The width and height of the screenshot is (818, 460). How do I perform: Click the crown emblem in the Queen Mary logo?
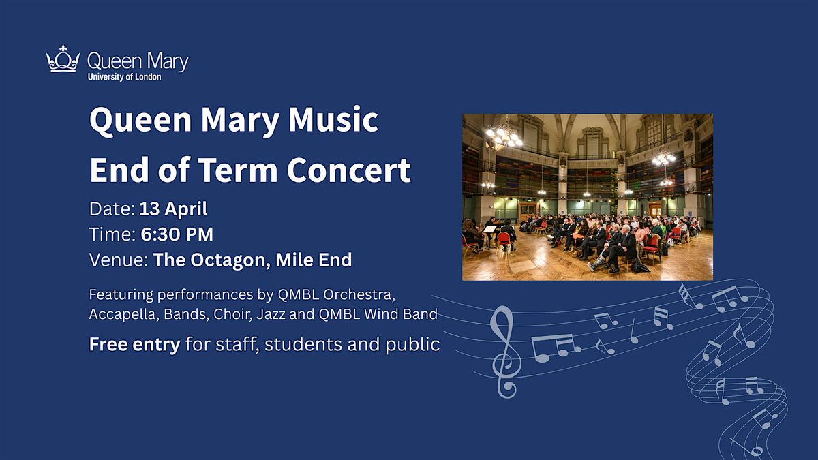click(63, 59)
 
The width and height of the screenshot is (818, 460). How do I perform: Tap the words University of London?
click(124, 76)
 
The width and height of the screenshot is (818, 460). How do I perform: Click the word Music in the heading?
click(333, 120)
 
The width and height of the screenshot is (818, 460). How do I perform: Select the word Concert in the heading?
click(349, 170)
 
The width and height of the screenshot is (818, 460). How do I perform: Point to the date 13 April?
click(173, 209)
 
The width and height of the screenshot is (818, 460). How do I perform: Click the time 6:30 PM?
click(177, 234)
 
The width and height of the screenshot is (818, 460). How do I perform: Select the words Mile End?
click(314, 260)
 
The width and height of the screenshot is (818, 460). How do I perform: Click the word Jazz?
click(271, 314)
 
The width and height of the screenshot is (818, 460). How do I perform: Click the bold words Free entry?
click(135, 344)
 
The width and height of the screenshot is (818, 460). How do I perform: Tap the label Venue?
click(119, 260)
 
